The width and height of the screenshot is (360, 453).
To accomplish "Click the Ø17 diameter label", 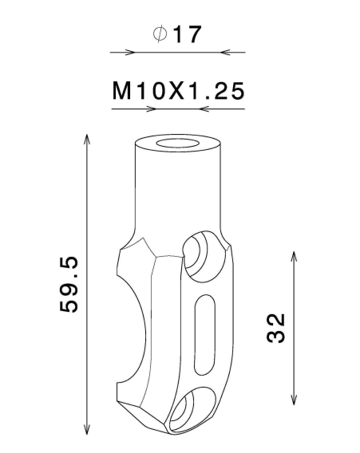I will pos(177,34).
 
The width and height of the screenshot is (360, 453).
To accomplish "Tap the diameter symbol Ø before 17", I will pos(159,34).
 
